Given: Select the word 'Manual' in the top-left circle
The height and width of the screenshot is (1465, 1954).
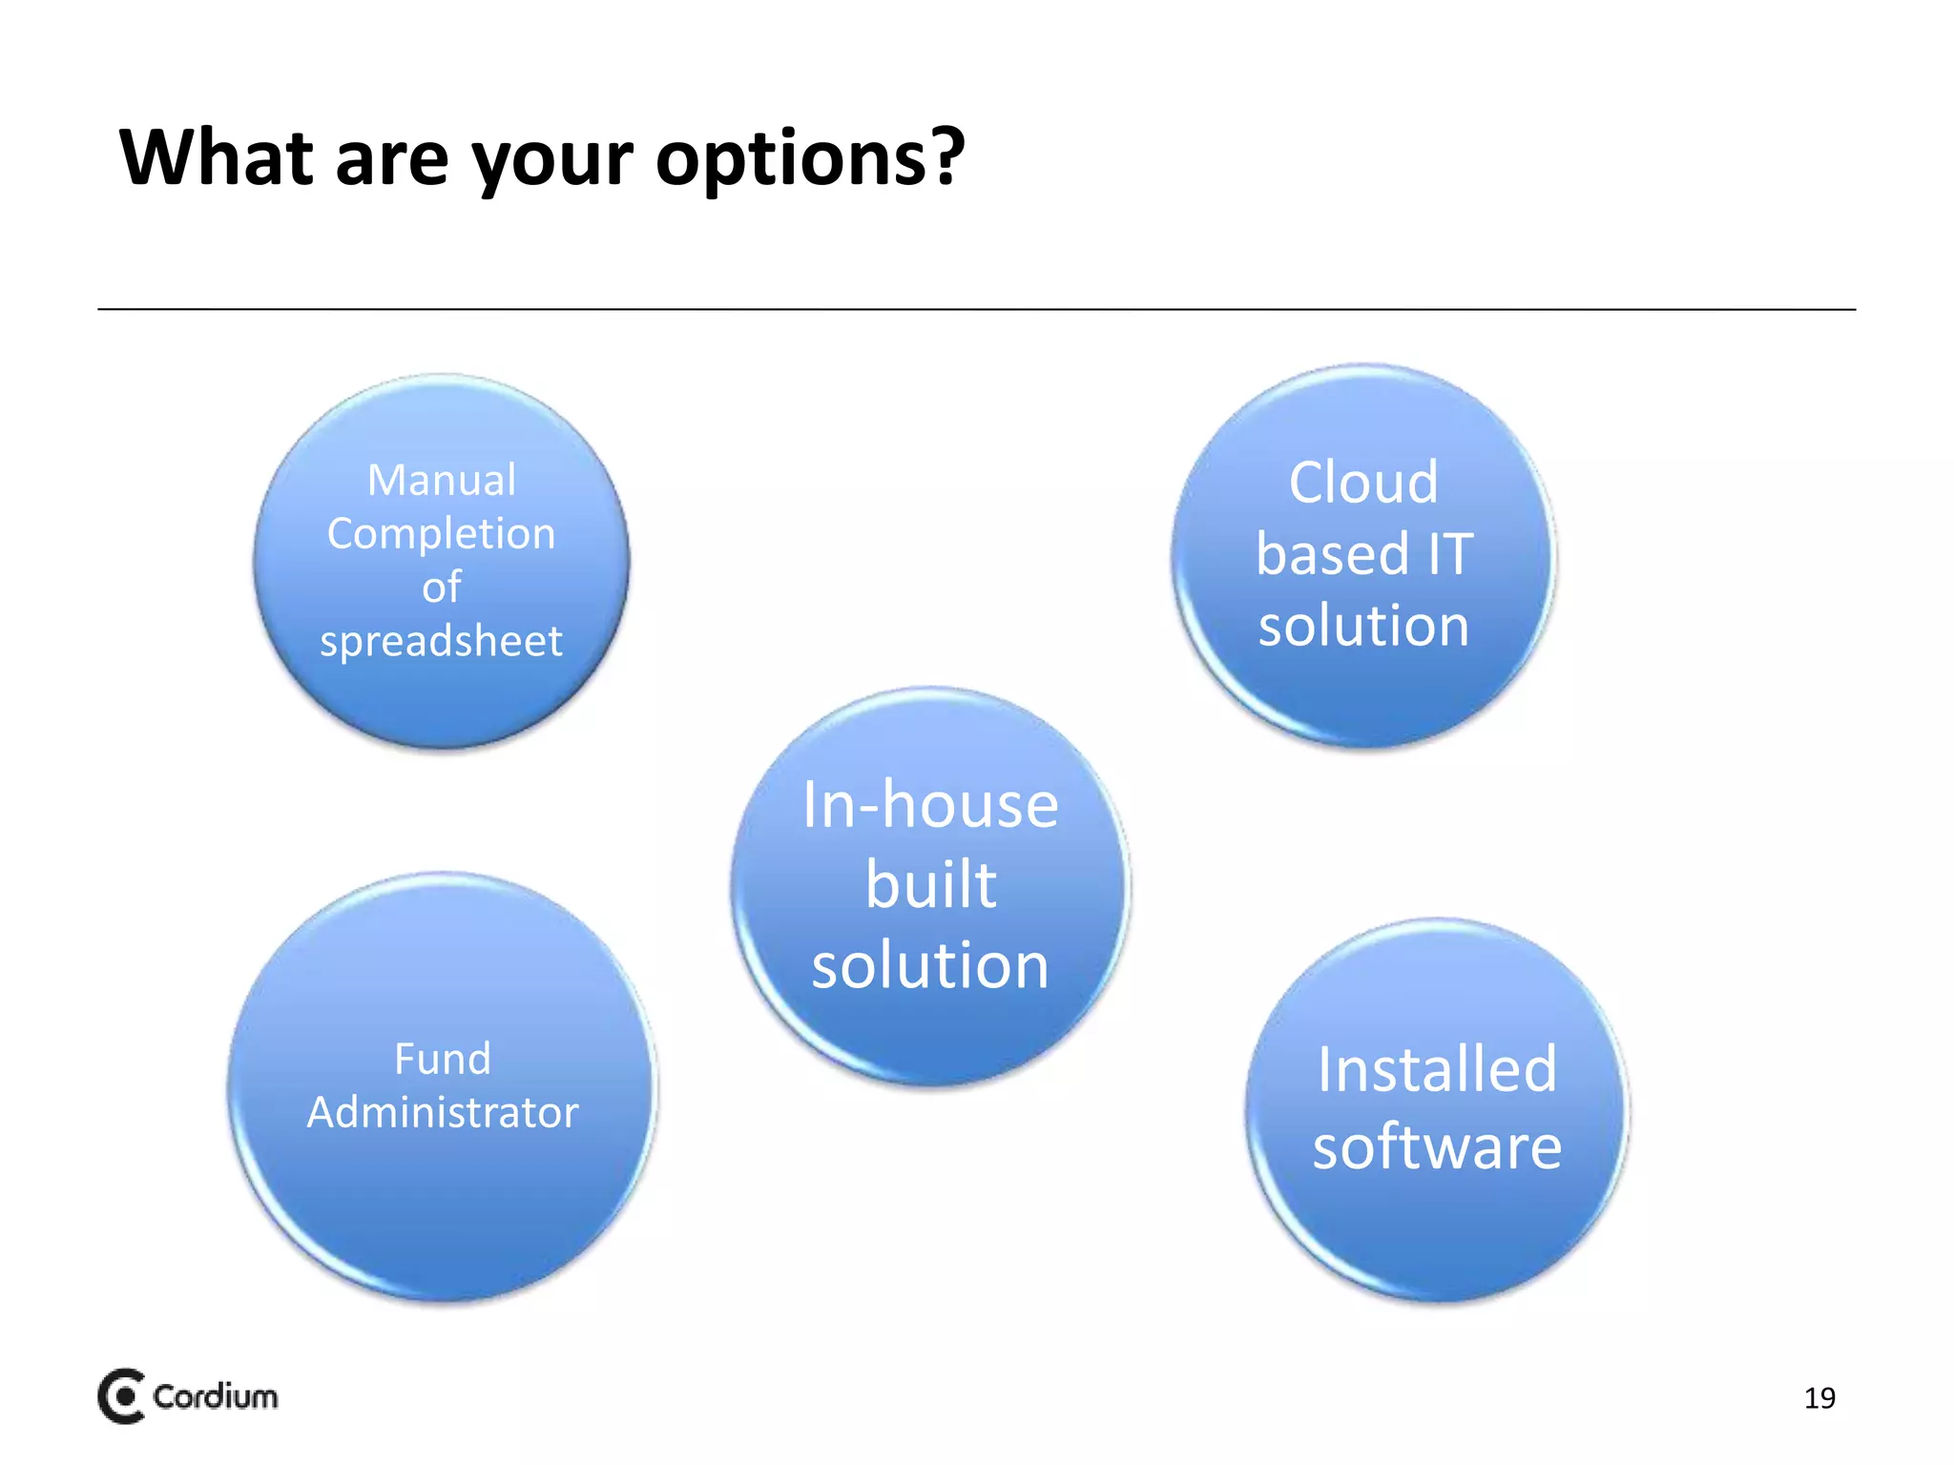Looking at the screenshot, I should [x=442, y=480].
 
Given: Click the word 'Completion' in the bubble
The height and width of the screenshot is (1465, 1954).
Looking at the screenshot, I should [x=441, y=534].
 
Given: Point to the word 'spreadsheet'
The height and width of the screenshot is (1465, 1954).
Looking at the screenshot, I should [x=441, y=641].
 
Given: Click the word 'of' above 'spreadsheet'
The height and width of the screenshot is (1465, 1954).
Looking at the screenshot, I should [x=442, y=588].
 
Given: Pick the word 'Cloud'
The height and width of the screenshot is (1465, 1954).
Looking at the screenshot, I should [x=1363, y=483].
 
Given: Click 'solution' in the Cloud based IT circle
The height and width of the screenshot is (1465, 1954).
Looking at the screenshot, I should [x=1363, y=626].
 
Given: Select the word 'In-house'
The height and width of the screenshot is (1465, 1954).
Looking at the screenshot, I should [x=930, y=805].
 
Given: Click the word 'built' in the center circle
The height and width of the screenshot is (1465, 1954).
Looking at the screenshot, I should [x=930, y=885].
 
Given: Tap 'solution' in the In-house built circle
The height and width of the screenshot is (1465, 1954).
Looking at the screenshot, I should [x=930, y=965].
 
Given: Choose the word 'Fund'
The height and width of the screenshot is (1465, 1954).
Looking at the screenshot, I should [x=443, y=1059].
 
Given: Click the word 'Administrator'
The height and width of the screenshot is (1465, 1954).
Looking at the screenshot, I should [x=443, y=1113].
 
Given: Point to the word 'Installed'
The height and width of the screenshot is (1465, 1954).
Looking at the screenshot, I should [x=1437, y=1069].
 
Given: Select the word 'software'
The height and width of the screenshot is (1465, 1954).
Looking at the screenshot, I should [x=1437, y=1146].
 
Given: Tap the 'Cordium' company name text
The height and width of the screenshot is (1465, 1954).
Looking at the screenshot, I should [x=216, y=1396].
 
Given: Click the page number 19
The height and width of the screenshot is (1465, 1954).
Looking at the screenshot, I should [x=1819, y=1398].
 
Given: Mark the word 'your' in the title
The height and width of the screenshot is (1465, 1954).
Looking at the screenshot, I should [x=552, y=158].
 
